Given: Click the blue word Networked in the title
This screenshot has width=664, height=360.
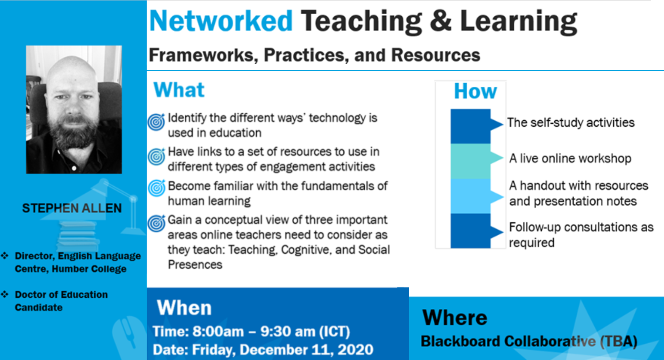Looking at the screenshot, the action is pos(221,21).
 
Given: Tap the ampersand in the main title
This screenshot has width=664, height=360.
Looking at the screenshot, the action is pos(441,21).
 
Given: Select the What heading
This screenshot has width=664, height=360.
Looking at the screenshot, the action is pos(179,90).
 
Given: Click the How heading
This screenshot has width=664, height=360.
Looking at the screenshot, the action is pos(476,91).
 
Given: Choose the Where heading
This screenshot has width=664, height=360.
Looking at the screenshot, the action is pos(455,317).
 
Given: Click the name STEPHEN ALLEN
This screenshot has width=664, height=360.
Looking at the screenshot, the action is pos(72,208).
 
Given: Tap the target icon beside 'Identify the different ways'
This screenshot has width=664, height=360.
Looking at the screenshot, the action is pos(156,121).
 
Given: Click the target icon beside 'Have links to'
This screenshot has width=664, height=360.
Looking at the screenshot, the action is pos(156,156).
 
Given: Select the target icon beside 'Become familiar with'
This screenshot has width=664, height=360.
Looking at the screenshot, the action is pos(156,188).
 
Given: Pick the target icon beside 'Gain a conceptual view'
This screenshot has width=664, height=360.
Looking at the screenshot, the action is pos(156,223).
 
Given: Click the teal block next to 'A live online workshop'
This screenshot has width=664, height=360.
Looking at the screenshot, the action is pos(471,161).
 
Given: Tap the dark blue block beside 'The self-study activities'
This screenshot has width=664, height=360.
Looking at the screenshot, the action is pos(471,126).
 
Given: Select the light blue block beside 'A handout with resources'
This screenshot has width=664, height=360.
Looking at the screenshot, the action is pos(471,196).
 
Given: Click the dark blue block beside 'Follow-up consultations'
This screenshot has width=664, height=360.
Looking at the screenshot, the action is pos(471,231).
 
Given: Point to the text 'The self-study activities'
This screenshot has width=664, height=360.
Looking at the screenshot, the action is pos(571,123).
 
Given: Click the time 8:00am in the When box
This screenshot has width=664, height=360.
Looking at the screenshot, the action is pos(218,331).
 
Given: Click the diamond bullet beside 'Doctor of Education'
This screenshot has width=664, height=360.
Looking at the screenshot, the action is pos(5,294).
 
